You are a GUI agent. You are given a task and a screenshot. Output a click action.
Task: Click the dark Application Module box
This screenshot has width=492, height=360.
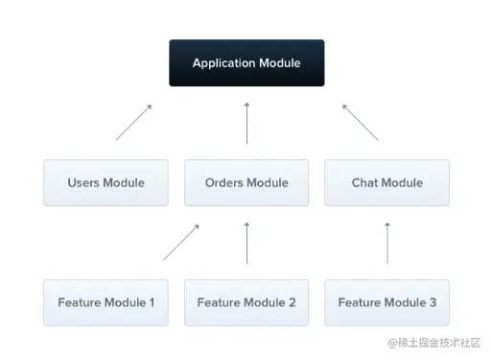coord(246,63)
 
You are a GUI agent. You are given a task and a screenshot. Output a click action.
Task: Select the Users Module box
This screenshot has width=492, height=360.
coord(105,182)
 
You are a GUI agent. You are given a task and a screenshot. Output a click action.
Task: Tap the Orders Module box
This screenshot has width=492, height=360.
coord(246,182)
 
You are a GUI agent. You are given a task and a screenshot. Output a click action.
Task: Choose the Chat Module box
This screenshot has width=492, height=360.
coord(387,182)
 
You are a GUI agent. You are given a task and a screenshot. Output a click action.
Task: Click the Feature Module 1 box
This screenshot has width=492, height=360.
coord(105,302)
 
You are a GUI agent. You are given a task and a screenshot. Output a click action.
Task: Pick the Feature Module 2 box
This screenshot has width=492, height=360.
coord(246,302)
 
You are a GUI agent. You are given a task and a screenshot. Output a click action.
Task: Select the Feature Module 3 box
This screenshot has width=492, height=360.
coord(387,302)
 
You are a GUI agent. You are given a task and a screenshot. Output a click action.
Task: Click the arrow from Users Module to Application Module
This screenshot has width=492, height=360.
coord(134,122)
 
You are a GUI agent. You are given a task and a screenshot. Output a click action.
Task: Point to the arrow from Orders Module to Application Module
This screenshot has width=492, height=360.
coord(246,123)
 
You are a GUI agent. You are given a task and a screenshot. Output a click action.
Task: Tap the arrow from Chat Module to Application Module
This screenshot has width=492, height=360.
coord(361,122)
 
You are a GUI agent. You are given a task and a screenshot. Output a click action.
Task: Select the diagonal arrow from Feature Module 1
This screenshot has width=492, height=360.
coord(181,243)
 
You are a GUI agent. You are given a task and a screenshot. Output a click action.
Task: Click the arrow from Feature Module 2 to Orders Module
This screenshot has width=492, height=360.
coord(246,243)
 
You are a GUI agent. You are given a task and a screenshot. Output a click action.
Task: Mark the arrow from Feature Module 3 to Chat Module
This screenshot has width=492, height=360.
coord(387,243)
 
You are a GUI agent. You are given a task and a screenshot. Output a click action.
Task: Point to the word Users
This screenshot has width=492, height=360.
coord(83,182)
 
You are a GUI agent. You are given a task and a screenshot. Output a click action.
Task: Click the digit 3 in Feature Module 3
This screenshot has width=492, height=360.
coord(433,302)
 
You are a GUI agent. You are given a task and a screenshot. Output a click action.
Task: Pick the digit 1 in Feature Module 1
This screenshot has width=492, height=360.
coord(152,302)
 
